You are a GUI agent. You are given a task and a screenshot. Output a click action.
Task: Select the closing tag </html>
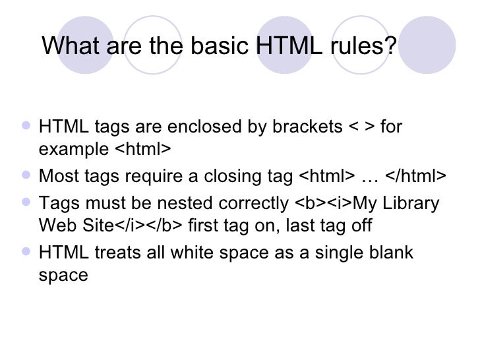415,177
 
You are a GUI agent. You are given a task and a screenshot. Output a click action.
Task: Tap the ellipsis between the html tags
370,177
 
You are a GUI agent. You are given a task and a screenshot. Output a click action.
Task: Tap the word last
299,226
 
